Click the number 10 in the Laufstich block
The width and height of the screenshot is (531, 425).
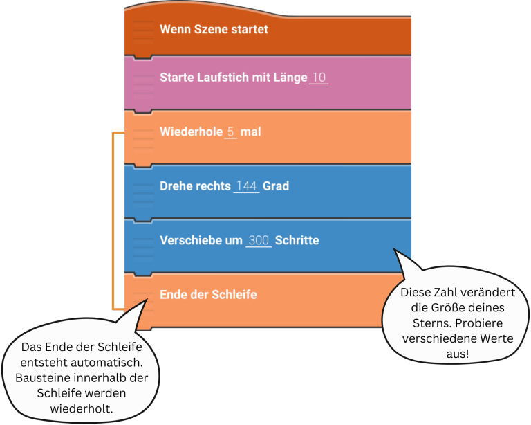(x=319, y=78)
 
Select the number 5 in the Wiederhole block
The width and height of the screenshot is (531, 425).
(x=231, y=132)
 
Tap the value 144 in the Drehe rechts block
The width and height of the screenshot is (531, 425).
(x=246, y=186)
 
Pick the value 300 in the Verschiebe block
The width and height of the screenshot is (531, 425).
(x=259, y=240)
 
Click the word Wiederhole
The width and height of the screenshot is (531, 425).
(x=190, y=132)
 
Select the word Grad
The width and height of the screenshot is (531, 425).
(x=276, y=186)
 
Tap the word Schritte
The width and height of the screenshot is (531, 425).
(x=297, y=240)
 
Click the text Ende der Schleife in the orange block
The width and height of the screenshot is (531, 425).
(x=208, y=294)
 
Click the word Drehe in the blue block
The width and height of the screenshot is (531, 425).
(x=177, y=186)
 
